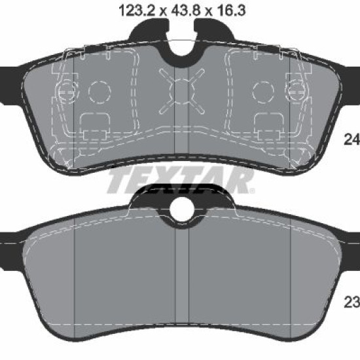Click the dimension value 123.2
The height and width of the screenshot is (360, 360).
[x=137, y=10]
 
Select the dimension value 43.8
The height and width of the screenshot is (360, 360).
[x=185, y=10]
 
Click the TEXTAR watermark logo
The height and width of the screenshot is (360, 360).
[x=181, y=181]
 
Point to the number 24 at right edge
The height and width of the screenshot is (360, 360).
[x=351, y=139]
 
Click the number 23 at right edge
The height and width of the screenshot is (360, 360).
[x=351, y=302]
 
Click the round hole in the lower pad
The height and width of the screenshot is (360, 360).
[x=181, y=209]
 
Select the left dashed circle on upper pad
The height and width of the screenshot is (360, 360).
[x=99, y=92]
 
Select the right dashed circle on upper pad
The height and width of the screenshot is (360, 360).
[x=263, y=92]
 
